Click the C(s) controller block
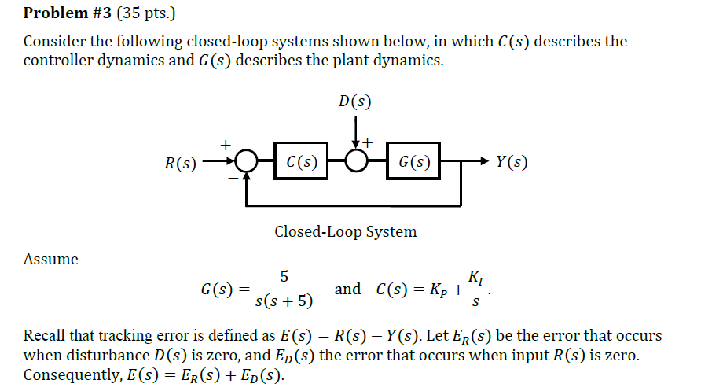click(x=302, y=163)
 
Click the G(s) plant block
click(x=413, y=163)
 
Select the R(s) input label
click(x=180, y=164)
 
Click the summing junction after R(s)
click(x=247, y=163)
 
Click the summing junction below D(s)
click(x=358, y=163)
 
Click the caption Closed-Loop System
click(x=346, y=231)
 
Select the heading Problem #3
click(x=67, y=13)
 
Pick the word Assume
click(x=51, y=259)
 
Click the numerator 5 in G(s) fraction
click(x=284, y=276)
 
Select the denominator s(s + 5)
click(x=284, y=301)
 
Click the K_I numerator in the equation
click(x=475, y=277)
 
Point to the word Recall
click(x=45, y=336)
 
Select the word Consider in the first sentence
click(x=53, y=41)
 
